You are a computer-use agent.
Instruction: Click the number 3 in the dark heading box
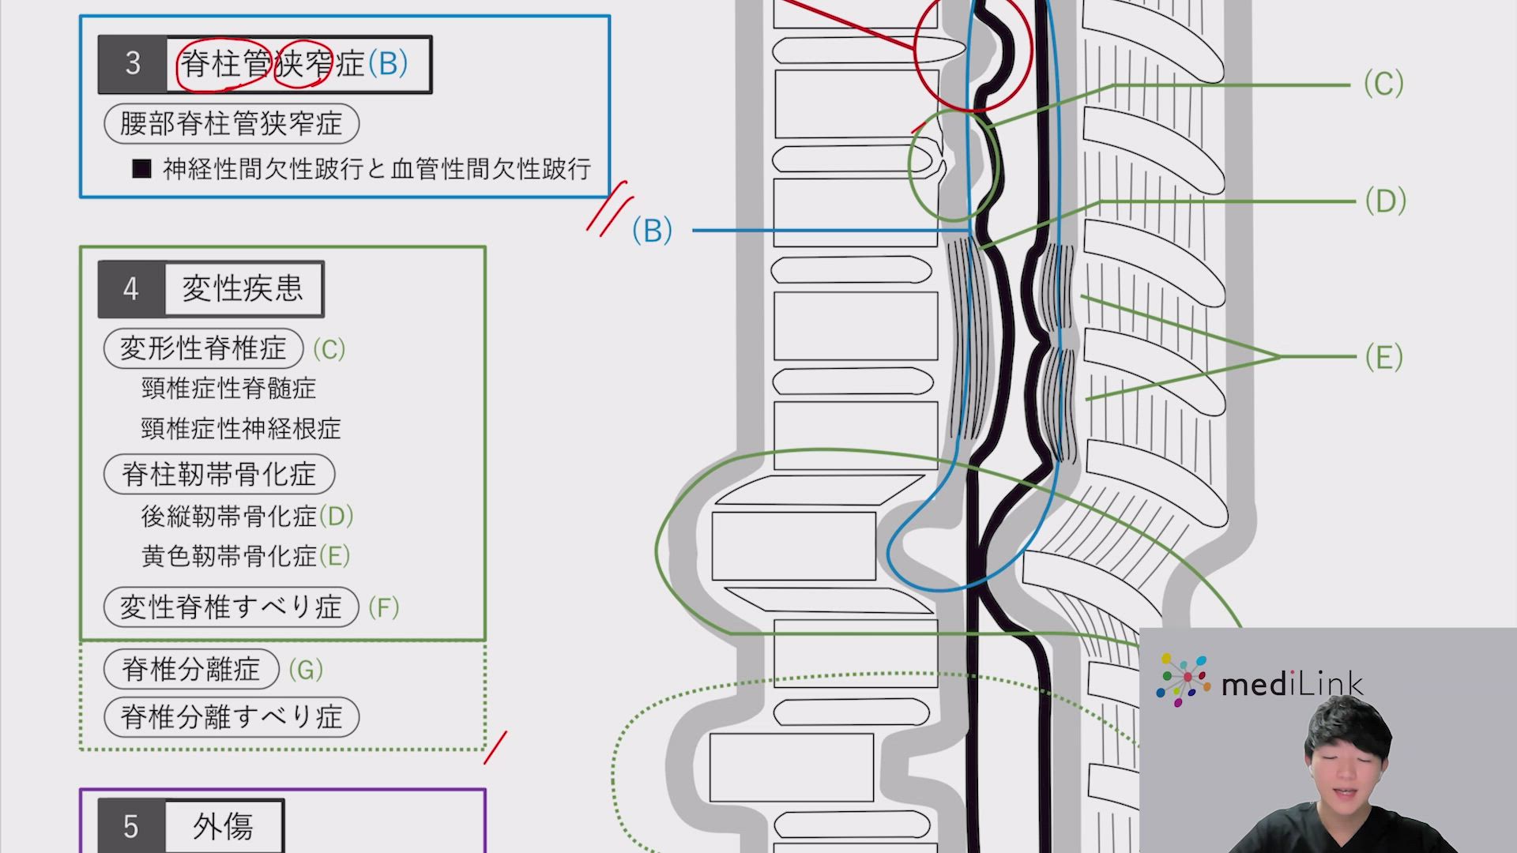(133, 64)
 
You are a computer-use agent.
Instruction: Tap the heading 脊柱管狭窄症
(273, 64)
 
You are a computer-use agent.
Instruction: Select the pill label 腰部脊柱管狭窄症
(231, 124)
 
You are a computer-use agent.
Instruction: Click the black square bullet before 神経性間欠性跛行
(141, 168)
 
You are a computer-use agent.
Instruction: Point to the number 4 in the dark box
(131, 289)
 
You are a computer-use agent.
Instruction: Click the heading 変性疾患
(243, 289)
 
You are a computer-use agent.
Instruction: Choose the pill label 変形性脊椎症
(203, 348)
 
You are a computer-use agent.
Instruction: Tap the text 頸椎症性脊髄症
(228, 389)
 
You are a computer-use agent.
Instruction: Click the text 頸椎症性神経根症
(241, 429)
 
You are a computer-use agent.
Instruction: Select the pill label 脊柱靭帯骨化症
(219, 475)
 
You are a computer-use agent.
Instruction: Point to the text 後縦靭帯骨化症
(228, 517)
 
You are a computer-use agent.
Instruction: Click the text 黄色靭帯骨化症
(228, 557)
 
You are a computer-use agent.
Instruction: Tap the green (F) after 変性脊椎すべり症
(384, 607)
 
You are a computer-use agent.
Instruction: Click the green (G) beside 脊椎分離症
(306, 670)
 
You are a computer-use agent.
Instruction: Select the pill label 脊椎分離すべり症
(231, 717)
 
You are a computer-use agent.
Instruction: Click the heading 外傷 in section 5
(224, 827)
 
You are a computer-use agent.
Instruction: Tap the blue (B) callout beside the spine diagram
(652, 231)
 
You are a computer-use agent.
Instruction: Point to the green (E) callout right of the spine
(1383, 357)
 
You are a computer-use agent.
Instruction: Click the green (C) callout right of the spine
(1383, 84)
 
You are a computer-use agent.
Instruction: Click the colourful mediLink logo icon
(1183, 679)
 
